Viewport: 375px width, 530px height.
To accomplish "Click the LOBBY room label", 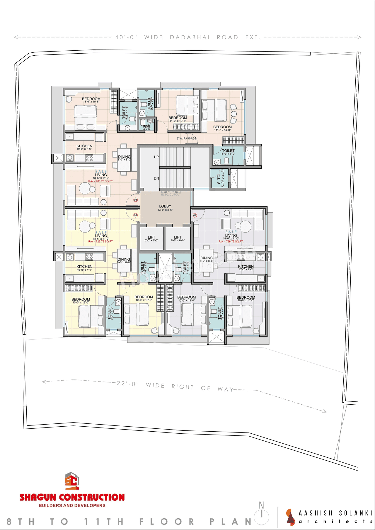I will (165, 206).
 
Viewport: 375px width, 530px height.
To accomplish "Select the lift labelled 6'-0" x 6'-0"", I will (151, 238).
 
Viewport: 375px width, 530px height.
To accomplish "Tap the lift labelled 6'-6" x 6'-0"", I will (178, 238).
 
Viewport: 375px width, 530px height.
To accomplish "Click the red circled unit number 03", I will (135, 200).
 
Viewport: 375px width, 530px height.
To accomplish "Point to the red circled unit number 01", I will (195, 215).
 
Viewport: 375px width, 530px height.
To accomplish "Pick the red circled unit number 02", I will (135, 215).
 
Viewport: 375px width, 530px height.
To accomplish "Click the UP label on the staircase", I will (156, 157).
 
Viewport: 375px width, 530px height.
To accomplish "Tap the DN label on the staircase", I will (156, 178).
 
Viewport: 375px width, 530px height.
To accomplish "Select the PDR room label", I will (146, 127).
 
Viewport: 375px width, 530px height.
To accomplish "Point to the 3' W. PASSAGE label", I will (187, 139).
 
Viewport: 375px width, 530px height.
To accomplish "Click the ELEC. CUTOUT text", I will (171, 194).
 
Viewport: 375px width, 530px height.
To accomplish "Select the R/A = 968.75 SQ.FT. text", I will (101, 181).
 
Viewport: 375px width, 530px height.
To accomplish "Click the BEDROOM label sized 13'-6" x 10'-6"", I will (91, 99).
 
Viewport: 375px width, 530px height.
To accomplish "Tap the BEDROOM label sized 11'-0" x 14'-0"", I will (222, 127).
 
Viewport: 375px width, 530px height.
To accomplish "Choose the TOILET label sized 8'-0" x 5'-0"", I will (228, 151).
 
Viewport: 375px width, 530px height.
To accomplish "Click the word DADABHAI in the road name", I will (190, 37).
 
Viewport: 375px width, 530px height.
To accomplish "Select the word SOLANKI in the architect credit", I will (355, 513).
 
